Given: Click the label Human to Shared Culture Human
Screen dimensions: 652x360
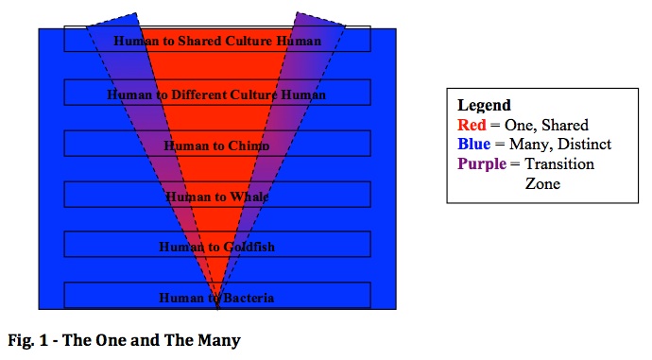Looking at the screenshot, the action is point(217,41).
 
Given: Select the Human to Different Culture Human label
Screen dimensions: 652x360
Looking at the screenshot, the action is point(216,94).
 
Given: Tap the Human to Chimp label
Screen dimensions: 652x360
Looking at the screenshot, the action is point(216,146).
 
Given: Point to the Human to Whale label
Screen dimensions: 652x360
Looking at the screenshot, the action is point(216,197).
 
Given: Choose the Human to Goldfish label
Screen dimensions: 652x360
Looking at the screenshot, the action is point(216,247).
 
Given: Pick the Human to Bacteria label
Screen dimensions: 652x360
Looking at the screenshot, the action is point(216,298).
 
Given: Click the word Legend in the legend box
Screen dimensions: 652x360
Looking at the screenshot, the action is point(484,106).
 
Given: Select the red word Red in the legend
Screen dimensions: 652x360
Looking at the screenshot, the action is point(472,125).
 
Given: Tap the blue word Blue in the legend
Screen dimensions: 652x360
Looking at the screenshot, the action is point(474,144).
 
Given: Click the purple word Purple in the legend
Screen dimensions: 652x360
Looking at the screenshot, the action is point(482,164).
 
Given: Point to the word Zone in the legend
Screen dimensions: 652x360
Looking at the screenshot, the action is point(542,183).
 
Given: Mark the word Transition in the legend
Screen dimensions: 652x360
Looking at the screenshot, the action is point(559,163).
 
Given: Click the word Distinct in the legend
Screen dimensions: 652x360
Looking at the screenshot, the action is point(584,144).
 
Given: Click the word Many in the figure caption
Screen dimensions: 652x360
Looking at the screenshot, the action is point(219,340).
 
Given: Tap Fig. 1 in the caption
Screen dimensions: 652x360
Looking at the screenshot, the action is point(27,340).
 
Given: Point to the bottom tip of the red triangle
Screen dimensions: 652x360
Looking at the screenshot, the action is point(217,308).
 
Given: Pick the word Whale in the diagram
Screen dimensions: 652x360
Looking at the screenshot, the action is point(249,197).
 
